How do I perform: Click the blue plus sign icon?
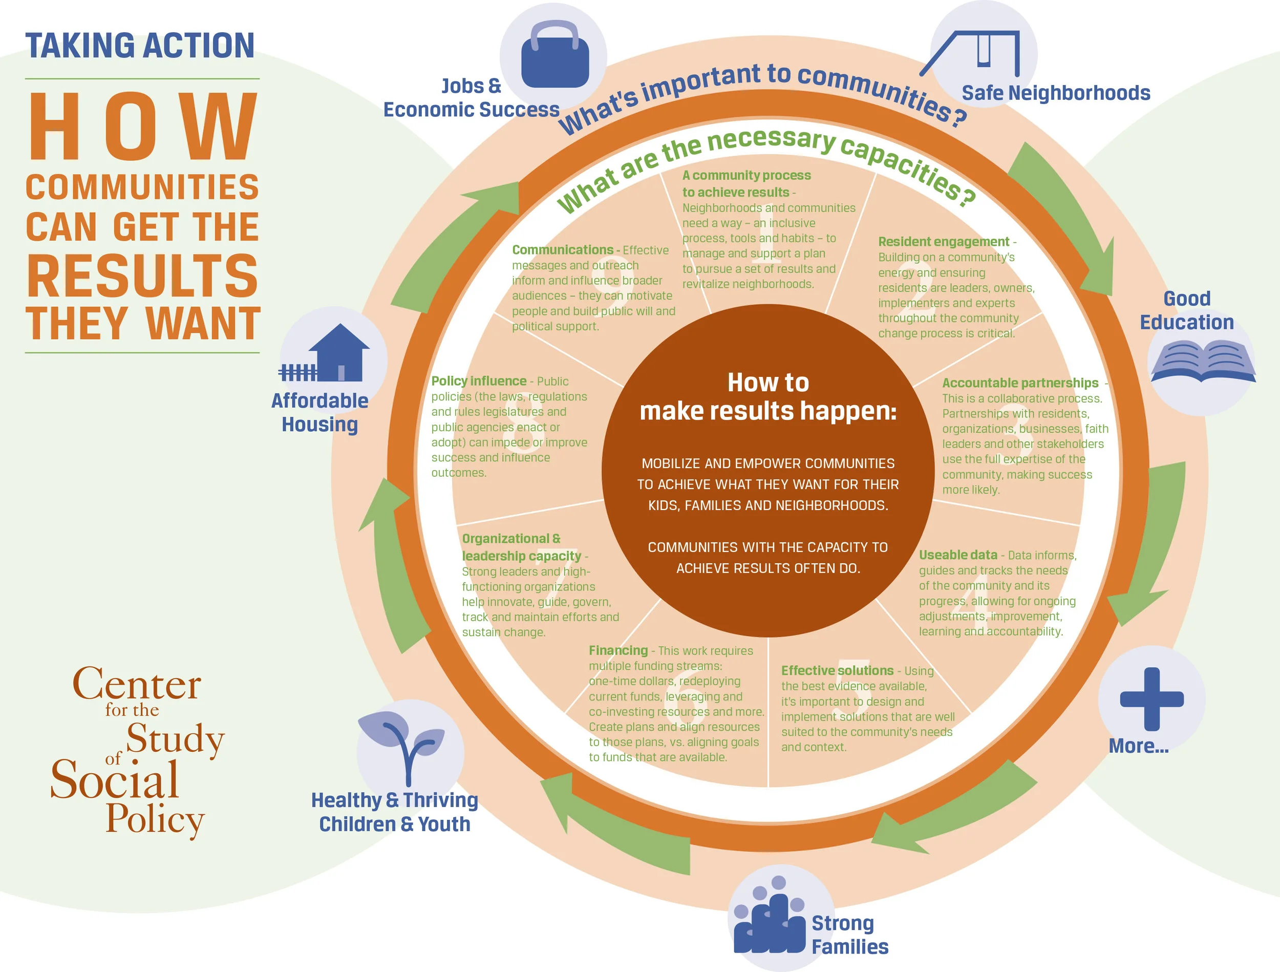click(x=1151, y=699)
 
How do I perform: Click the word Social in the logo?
click(x=115, y=779)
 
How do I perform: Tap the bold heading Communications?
click(x=563, y=250)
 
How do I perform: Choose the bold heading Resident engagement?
click(x=943, y=242)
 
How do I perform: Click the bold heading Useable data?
click(x=957, y=555)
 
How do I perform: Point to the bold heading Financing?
click(x=618, y=651)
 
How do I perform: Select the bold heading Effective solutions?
click(x=837, y=670)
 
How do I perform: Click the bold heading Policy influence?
click(x=479, y=381)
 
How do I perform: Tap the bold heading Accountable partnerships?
click(x=1019, y=383)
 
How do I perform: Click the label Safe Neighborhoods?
click(x=1055, y=93)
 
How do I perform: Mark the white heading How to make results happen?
click(x=768, y=397)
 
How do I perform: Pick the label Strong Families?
click(x=849, y=935)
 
